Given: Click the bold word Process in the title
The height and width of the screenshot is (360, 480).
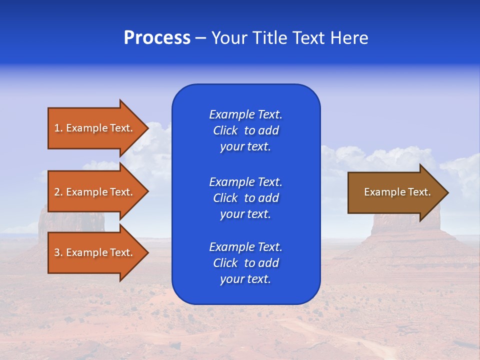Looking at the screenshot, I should [x=157, y=38].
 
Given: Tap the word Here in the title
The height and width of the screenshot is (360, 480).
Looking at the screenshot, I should [x=348, y=38].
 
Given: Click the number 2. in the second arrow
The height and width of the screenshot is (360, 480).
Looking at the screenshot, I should [x=58, y=192].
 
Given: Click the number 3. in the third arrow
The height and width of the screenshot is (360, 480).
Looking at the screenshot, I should [x=58, y=252].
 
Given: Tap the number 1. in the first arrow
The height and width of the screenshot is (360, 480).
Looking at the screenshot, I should [x=58, y=128].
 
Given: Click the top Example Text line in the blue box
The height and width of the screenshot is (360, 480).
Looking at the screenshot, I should [x=245, y=114].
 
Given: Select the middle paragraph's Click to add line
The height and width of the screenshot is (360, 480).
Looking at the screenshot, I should [x=245, y=198].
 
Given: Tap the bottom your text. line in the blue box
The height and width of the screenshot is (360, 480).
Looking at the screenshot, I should [x=245, y=279].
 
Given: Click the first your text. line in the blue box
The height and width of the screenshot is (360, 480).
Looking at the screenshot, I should [x=245, y=146].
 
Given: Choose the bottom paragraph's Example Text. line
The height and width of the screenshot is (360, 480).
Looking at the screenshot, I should [x=245, y=247].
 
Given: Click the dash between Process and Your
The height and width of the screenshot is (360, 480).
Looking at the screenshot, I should [x=200, y=38].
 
